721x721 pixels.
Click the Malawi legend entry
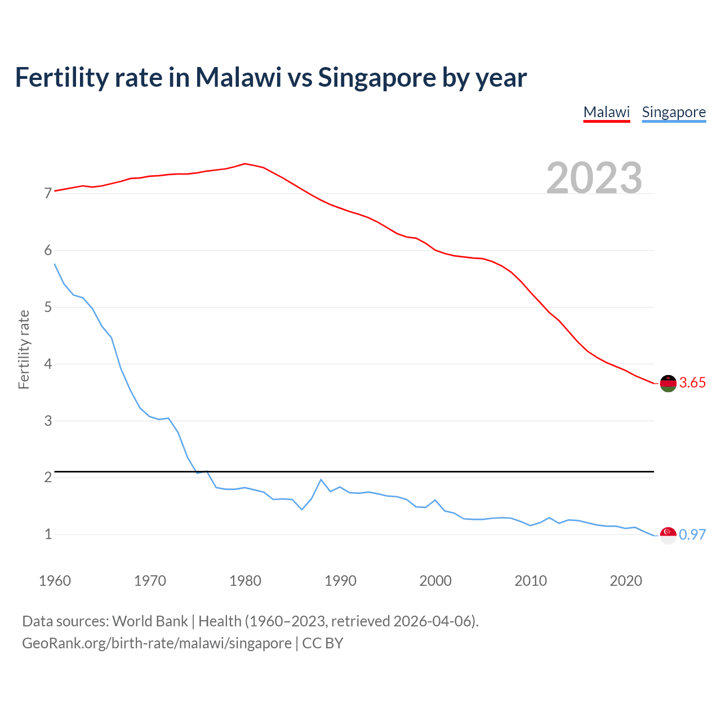click(x=606, y=112)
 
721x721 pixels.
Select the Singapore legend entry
click(x=674, y=112)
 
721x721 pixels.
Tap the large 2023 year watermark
click(x=594, y=178)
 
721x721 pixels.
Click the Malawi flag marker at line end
click(x=668, y=383)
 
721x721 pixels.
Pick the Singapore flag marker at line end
click(x=668, y=535)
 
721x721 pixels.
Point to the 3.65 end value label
click(x=692, y=383)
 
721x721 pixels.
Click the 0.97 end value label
click(x=692, y=535)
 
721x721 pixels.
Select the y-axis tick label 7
click(x=48, y=194)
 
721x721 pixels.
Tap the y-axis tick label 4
click(x=48, y=364)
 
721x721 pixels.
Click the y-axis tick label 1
click(x=48, y=534)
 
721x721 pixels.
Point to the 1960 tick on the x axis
click(x=55, y=581)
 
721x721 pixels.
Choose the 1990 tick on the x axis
click(x=340, y=581)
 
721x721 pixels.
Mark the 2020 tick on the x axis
click(x=626, y=581)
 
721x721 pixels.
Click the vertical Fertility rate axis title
click(x=24, y=349)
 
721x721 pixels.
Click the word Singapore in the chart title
click(x=376, y=78)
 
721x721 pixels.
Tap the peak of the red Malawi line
click(x=244, y=164)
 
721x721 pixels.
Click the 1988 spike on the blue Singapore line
click(x=321, y=479)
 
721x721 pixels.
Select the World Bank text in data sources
click(x=150, y=621)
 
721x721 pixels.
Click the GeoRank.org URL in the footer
click(x=157, y=643)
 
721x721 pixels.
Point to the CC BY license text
click(x=323, y=643)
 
